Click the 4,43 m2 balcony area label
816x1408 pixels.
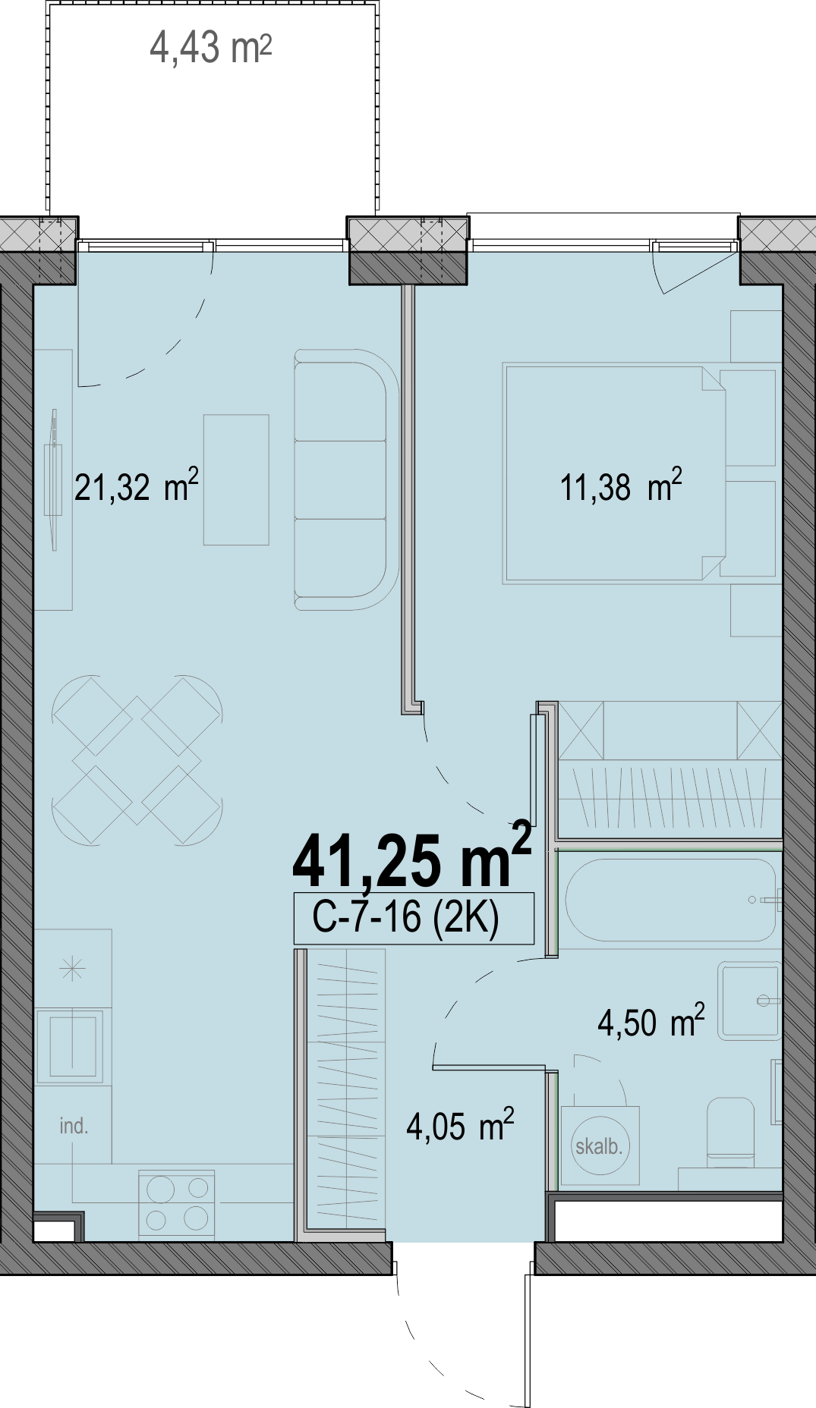pyautogui.click(x=210, y=48)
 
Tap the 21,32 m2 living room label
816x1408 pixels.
pyautogui.click(x=137, y=486)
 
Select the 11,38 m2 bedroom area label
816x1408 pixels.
pyautogui.click(x=621, y=486)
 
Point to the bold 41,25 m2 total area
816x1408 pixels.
pyautogui.click(x=411, y=855)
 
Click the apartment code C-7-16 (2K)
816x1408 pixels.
pyautogui.click(x=405, y=917)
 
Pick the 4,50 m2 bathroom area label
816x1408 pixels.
pyautogui.click(x=651, y=1021)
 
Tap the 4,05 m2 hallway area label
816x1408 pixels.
pyautogui.click(x=460, y=1125)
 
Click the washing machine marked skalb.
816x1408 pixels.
pyautogui.click(x=600, y=1146)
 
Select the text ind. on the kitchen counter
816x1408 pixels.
pyautogui.click(x=74, y=1126)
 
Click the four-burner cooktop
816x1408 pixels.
pyautogui.click(x=177, y=1204)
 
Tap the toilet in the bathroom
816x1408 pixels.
pyautogui.click(x=730, y=1130)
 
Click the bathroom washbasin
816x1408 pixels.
pyautogui.click(x=749, y=1001)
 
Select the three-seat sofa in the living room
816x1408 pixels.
pyautogui.click(x=346, y=479)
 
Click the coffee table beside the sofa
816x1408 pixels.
pyautogui.click(x=236, y=479)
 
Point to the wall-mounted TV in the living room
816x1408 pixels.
pyautogui.click(x=53, y=479)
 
